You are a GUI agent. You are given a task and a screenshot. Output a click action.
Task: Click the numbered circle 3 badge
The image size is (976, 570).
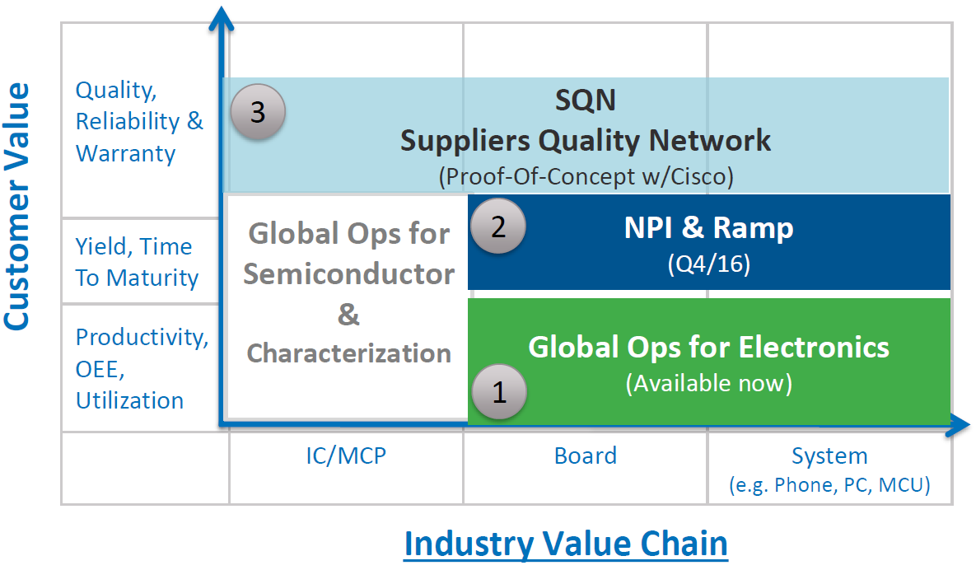(x=258, y=112)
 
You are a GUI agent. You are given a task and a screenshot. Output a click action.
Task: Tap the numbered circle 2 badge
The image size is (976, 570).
(x=497, y=227)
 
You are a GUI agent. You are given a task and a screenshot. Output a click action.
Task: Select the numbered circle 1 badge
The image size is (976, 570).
(x=498, y=393)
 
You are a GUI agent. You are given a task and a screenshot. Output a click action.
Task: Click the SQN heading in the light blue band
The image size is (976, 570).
(x=585, y=100)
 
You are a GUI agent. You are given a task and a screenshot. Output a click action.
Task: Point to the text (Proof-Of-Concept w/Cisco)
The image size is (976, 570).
(x=586, y=176)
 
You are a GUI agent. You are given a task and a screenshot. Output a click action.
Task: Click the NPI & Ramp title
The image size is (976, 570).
(x=708, y=227)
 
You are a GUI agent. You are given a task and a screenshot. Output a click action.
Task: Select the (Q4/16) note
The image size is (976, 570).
(x=708, y=265)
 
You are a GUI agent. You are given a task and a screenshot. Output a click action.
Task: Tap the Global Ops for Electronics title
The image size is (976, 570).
(x=708, y=347)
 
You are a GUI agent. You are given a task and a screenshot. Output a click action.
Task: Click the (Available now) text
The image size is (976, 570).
(x=708, y=383)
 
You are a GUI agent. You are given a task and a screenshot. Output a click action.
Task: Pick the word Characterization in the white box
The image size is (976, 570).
(x=349, y=353)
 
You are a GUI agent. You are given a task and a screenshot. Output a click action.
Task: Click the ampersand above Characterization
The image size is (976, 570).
(x=349, y=315)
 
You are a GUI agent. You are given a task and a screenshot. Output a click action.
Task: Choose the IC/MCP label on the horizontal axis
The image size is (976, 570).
(x=346, y=456)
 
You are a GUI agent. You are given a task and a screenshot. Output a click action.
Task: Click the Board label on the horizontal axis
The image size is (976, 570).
(x=586, y=456)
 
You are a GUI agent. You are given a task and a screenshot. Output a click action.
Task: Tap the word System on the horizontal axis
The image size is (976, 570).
(x=829, y=456)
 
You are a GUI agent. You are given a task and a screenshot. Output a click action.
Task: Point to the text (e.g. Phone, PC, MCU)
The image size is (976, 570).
(x=829, y=485)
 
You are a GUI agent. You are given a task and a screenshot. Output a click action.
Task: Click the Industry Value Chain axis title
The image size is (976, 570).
(x=566, y=544)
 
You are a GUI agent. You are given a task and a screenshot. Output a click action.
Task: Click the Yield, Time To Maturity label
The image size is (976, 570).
(x=137, y=262)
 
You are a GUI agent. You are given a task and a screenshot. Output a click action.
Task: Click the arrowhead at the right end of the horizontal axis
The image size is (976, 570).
(x=958, y=426)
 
